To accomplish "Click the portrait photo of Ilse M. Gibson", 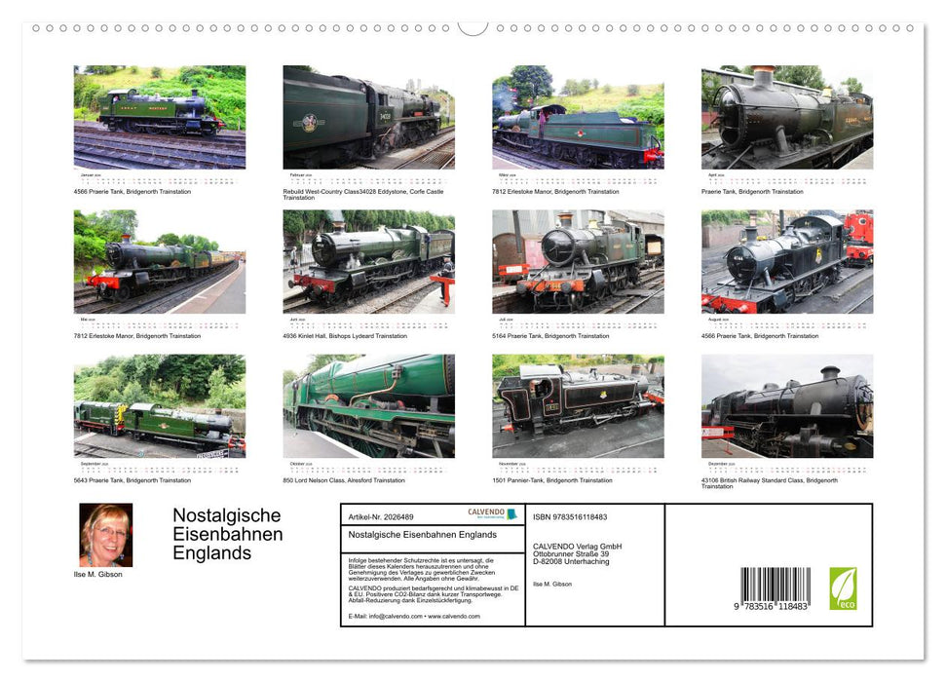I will [105, 535].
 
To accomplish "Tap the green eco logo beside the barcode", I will [843, 588].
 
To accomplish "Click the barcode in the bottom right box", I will [776, 588].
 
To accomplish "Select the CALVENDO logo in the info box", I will [486, 513].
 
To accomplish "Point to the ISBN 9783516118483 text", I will [570, 517].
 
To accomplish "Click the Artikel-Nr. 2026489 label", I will [381, 517].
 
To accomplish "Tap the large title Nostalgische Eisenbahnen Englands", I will [228, 534].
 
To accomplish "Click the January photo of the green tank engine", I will [160, 117].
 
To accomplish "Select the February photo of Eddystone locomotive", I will [368, 117].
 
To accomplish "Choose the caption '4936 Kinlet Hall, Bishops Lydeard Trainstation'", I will [345, 336].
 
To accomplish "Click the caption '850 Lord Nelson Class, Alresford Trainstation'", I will [343, 480].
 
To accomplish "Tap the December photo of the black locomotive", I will [786, 406].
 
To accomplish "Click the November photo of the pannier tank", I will [578, 406].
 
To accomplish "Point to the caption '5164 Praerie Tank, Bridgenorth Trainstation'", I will [550, 336].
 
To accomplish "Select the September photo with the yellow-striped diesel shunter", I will [160, 406].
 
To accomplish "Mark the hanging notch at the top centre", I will [473, 27].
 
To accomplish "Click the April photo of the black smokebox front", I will [786, 117].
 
